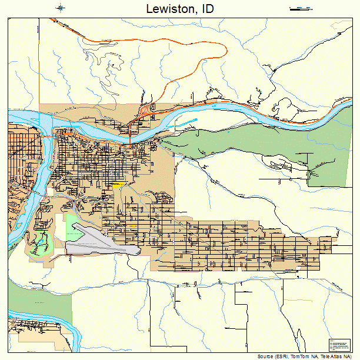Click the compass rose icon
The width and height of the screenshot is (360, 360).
61,8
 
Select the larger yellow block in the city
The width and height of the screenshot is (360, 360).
119,185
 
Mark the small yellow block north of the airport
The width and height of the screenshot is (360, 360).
133,226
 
